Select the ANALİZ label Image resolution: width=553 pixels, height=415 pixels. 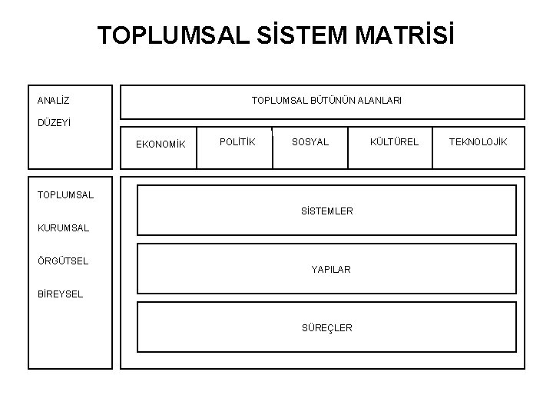[53, 100]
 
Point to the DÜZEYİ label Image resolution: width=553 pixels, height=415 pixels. [53, 121]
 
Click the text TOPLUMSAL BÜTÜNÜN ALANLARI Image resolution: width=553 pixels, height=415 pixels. [326, 100]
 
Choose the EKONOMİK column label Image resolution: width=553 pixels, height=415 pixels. [161, 144]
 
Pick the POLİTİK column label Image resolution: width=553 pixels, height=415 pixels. [237, 141]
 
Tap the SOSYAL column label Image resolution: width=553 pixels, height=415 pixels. [310, 141]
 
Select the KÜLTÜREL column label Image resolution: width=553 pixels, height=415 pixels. [394, 141]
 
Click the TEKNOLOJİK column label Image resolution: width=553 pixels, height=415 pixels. [478, 141]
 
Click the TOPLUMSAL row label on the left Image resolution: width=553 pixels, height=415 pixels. [65, 194]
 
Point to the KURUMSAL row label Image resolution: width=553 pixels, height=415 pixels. [63, 228]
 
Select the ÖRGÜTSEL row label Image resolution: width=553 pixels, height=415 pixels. [62, 261]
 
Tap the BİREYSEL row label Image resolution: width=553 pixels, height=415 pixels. [60, 294]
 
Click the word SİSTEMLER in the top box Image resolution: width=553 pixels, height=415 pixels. [327, 211]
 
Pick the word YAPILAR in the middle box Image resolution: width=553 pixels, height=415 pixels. [331, 269]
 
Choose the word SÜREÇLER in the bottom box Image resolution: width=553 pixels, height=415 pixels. [327, 327]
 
